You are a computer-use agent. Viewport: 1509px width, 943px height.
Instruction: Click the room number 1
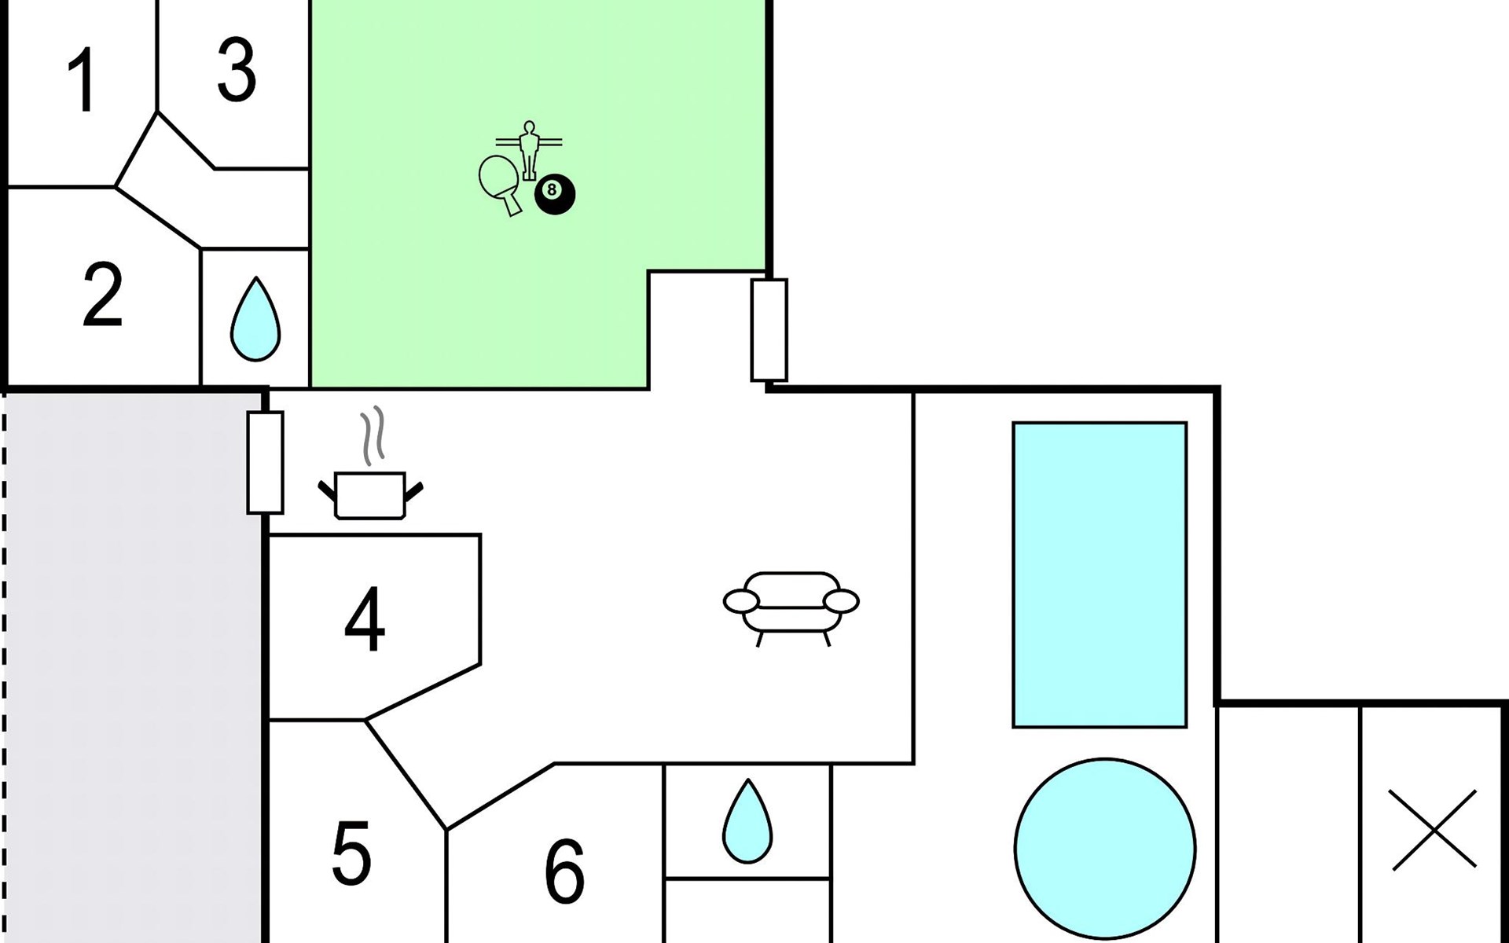(x=82, y=80)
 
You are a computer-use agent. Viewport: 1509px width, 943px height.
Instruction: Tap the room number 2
(x=103, y=295)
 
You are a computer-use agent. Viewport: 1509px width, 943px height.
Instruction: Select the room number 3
(x=236, y=72)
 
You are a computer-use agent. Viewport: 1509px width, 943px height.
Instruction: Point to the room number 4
(x=365, y=621)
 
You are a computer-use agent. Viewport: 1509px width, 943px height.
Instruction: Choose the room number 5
(x=351, y=853)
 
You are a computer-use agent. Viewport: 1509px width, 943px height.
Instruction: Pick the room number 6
(x=564, y=871)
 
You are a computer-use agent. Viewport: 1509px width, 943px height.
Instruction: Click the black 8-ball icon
(x=555, y=194)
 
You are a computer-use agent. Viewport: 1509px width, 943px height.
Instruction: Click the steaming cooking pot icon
(x=370, y=495)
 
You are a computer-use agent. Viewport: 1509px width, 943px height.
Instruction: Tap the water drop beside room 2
(x=255, y=319)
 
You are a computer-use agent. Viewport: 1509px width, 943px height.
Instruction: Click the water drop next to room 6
(x=747, y=822)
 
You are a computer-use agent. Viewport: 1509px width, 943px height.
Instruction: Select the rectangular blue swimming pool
(x=1100, y=574)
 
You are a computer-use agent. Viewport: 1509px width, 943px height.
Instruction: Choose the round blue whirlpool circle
(x=1105, y=849)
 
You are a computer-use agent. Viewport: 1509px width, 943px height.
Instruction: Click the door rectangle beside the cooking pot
(x=265, y=462)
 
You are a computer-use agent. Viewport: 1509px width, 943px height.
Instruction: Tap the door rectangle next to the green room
(x=769, y=330)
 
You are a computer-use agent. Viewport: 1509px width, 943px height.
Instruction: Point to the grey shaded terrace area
(x=134, y=668)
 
